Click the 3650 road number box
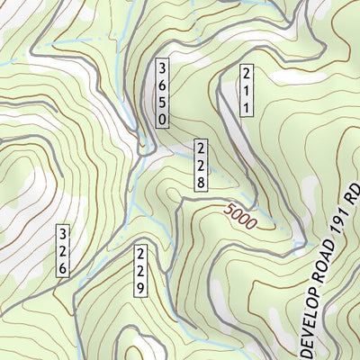162,93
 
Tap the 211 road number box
244,90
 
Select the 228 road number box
202,165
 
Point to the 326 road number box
62,250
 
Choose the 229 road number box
141,270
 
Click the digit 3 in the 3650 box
162,67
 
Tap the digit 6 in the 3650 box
162,84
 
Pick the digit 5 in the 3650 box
162,101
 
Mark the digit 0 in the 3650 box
162,118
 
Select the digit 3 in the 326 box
62,233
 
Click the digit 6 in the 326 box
62,267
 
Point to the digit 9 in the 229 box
141,288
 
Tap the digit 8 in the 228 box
202,182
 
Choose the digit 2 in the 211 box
244,73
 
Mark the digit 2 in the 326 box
62,250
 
